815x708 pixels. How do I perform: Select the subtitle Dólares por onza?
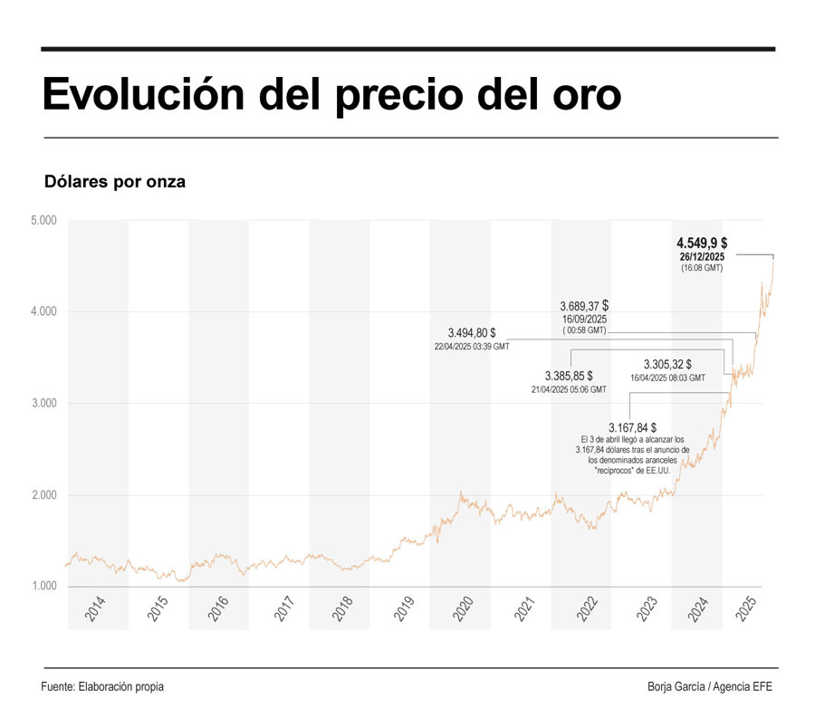pos(115,181)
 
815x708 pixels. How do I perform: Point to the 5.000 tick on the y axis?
pos(43,220)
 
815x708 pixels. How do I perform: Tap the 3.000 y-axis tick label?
pos(43,403)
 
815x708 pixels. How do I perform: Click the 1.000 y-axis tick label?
pos(43,587)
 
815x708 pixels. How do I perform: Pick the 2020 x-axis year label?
pos(461,608)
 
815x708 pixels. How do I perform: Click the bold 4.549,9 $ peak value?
pos(702,243)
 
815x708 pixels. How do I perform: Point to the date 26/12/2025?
pos(702,257)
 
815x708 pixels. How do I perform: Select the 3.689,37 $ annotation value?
pos(582,306)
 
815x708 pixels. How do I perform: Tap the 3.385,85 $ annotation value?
pos(569,375)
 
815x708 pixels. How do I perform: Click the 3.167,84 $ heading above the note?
pos(632,426)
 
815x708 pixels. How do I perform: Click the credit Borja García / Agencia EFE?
pos(710,686)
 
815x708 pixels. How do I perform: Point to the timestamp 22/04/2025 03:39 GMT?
pos(472,347)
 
